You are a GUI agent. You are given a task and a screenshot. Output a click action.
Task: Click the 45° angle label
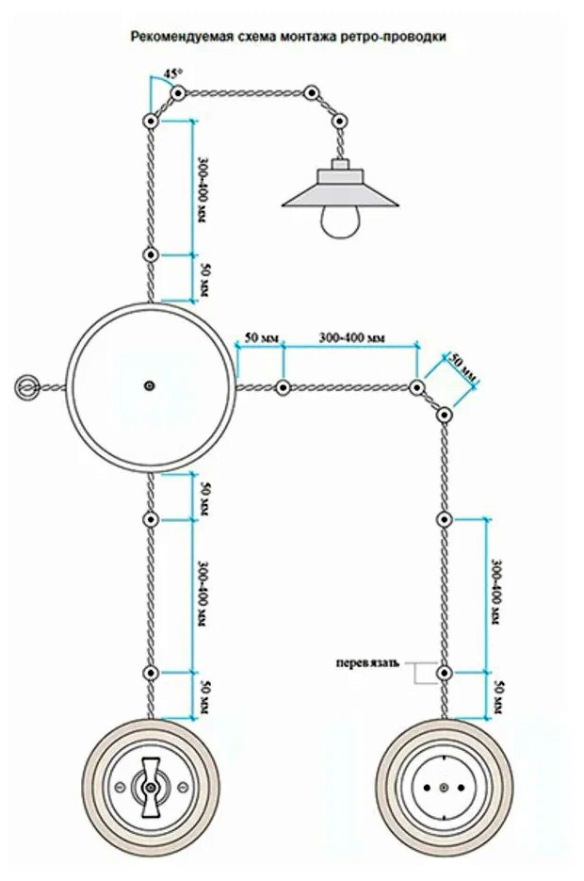coord(172,73)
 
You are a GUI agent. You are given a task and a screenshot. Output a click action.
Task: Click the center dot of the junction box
coord(149,385)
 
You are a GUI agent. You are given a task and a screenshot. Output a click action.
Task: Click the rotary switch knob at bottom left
coord(149,787)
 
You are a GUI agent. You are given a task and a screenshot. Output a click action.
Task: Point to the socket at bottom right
coord(446,786)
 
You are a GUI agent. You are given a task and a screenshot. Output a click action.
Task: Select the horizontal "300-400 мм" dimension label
coord(351,336)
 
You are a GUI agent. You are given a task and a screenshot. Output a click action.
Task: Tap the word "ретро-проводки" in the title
coord(401,38)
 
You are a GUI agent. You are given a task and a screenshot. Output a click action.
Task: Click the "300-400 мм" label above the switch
coord(203,593)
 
